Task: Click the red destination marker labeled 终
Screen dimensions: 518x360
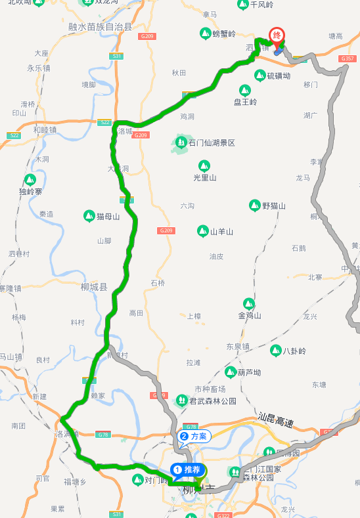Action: coord(278,36)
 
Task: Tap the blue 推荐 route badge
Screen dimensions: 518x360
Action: coord(187,469)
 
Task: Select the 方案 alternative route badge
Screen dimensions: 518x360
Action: coord(194,436)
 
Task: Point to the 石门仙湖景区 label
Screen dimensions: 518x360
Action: coord(212,142)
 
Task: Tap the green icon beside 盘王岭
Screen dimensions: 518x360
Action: coord(244,90)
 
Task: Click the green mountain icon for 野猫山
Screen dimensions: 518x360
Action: coord(254,205)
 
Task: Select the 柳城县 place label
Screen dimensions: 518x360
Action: coord(93,287)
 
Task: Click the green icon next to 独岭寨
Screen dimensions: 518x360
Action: coord(30,179)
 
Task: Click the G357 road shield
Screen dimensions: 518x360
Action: coord(348,59)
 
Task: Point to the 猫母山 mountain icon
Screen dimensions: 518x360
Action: coord(89,215)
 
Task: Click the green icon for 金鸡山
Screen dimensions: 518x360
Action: coord(249,303)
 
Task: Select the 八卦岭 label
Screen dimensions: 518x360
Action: coord(294,351)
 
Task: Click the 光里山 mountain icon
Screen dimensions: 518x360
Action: coord(204,165)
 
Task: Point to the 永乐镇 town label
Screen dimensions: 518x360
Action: coord(39,68)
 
